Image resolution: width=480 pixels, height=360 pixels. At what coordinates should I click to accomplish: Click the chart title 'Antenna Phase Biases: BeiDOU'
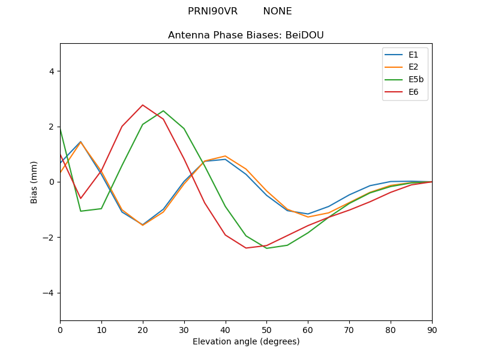pos(246,35)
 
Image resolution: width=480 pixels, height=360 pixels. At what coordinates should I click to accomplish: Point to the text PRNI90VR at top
pos(212,11)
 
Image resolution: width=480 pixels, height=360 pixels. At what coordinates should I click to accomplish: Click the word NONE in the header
pos(277,11)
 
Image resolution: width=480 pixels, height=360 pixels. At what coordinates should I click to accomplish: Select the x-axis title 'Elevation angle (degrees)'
pos(246,341)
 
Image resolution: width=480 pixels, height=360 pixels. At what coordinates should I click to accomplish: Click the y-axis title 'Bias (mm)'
pos(34,182)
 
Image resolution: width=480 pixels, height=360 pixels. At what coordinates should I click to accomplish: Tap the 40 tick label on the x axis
pos(225,329)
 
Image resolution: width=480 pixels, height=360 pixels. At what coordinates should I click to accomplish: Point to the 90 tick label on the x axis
pos(432,329)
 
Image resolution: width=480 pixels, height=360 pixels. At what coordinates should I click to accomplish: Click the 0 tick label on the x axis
pos(60,329)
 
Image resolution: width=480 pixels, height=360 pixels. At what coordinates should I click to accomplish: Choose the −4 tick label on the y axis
pos(48,293)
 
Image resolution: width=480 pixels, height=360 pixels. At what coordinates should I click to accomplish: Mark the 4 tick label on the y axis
pos(51,71)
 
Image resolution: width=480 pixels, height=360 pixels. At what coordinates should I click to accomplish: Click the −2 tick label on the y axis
pos(48,238)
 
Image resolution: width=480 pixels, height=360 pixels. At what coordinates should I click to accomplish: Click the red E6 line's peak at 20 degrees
pos(143,105)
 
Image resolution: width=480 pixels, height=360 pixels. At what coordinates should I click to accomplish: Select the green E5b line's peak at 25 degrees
pos(163,111)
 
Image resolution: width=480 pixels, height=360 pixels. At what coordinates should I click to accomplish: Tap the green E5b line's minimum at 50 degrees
pos(266,248)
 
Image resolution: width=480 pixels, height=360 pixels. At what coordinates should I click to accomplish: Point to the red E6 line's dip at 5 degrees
pos(80,198)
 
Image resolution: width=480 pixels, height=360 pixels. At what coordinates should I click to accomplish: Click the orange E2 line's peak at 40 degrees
pos(225,156)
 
